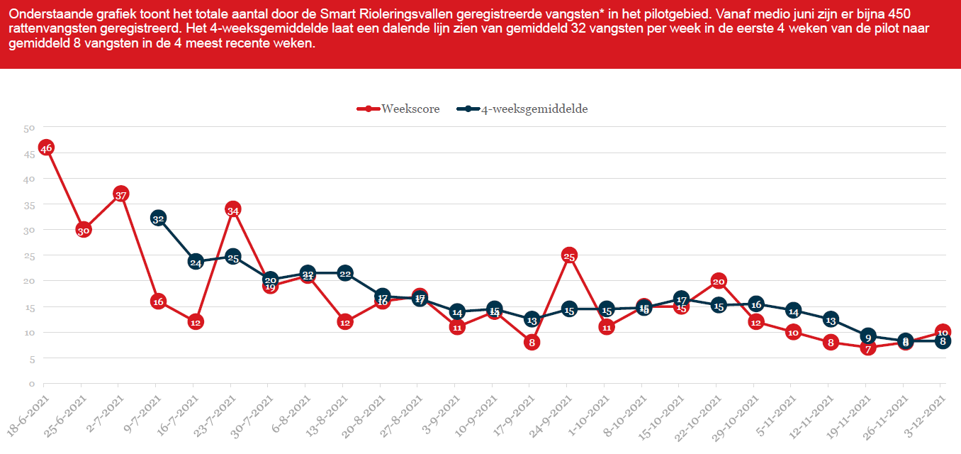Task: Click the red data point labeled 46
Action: pyautogui.click(x=46, y=148)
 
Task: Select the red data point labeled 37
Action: pyautogui.click(x=120, y=194)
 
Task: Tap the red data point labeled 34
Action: pyautogui.click(x=233, y=209)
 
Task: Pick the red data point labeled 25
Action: pyautogui.click(x=568, y=255)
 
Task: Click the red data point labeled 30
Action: pyautogui.click(x=84, y=230)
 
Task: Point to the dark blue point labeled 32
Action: pyautogui.click(x=158, y=218)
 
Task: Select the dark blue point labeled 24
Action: pyautogui.click(x=196, y=262)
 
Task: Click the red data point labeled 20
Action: pyautogui.click(x=718, y=281)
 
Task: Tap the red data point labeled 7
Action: pyautogui.click(x=867, y=348)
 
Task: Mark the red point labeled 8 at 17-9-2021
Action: pyautogui.click(x=532, y=342)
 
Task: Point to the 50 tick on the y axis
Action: pyautogui.click(x=29, y=128)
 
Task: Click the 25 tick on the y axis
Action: pyautogui.click(x=29, y=256)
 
